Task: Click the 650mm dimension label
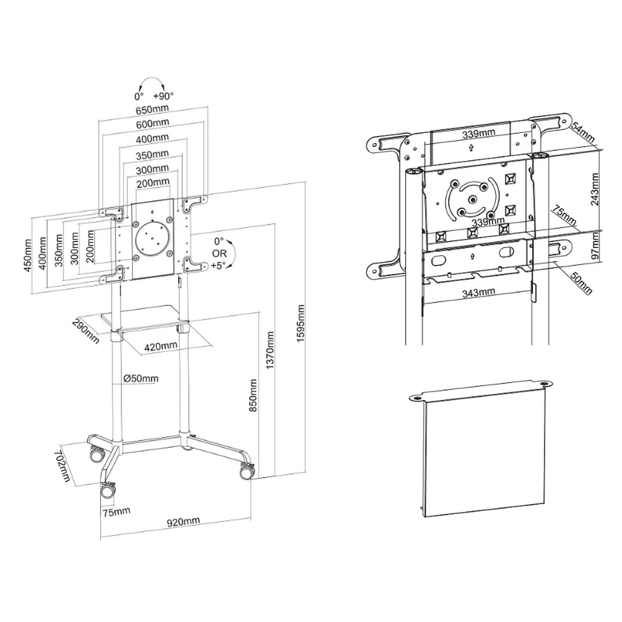point(152,109)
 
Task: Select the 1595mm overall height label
point(301,323)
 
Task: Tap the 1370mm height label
point(270,350)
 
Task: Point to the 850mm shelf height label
point(253,396)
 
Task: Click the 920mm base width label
point(183,522)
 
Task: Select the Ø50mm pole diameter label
point(141,378)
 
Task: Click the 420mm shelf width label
point(161,346)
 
